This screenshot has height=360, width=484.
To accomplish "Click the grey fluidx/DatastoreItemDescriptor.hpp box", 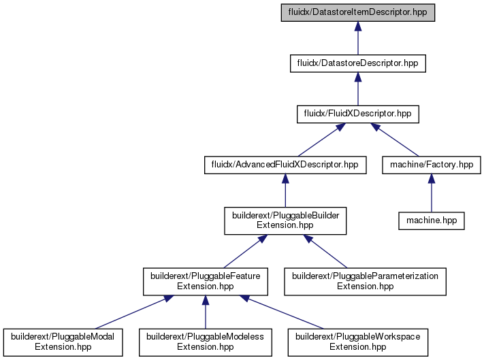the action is pos(358,13).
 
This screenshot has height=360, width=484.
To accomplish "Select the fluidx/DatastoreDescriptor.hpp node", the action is pos(358,63).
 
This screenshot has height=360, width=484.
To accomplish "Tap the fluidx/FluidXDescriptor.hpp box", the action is pos(358,114).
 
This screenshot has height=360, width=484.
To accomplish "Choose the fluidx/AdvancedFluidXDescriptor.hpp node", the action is pos(285,165).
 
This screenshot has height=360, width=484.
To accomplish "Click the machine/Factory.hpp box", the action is pos(432,165).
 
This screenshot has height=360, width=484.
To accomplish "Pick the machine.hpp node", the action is pos(432,220).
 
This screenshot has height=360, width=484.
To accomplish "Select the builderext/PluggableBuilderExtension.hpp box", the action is pos(285,220).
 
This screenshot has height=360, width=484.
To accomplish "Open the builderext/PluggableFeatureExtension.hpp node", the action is pos(206,282).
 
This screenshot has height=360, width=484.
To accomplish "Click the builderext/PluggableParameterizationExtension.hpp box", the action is pos(365,282).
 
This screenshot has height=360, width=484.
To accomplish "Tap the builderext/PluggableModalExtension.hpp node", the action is pos(63,342).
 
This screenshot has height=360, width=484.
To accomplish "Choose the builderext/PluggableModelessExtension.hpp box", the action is pos(206,342).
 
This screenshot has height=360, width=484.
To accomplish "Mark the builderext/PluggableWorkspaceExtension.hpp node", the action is pos(358,342).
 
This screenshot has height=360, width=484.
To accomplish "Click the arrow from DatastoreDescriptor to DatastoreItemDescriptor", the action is pos(358,38).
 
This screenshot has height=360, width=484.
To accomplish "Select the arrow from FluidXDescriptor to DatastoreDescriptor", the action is pos(358,89).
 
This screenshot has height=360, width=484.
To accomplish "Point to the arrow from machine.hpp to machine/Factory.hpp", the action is pos(432,193).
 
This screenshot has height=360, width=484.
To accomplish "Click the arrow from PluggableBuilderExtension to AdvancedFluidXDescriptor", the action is pos(285,191).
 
